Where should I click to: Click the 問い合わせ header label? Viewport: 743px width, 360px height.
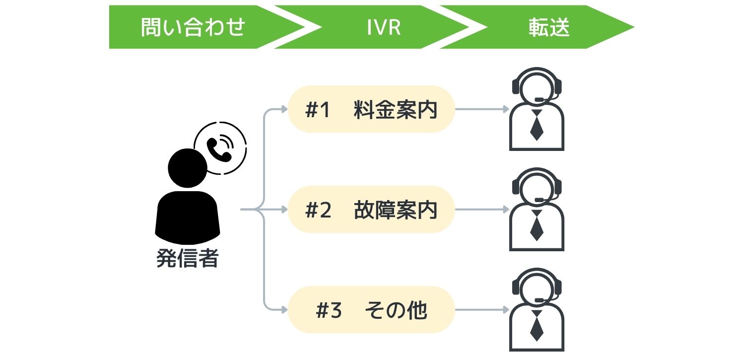(x=193, y=27)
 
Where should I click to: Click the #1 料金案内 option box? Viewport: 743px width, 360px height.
(x=371, y=109)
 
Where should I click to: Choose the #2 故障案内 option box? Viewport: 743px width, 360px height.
(x=371, y=210)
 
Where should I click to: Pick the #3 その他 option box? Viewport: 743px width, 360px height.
(x=371, y=310)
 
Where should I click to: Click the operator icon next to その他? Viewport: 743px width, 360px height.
(x=537, y=310)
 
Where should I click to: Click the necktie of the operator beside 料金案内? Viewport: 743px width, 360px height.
(x=537, y=126)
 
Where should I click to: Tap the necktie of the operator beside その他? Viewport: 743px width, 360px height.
(x=537, y=327)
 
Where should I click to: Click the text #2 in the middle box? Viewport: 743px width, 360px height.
(x=318, y=210)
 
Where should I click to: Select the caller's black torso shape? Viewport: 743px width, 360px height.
(x=187, y=216)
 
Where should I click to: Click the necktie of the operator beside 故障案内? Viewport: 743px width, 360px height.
(x=537, y=226)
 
